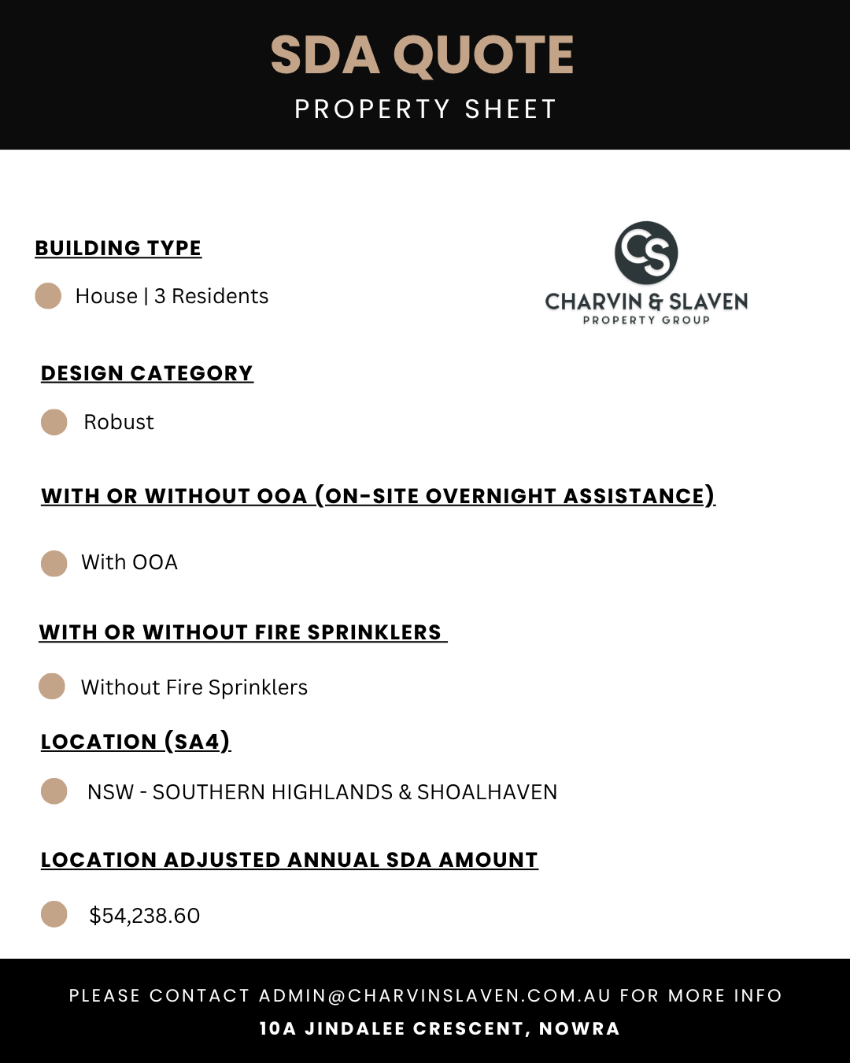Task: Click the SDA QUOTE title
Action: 423,55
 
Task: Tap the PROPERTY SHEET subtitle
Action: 425,109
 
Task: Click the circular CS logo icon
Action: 646,253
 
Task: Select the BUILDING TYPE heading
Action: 118,248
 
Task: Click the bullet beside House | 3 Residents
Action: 49,296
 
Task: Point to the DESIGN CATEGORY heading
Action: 147,373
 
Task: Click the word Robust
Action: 119,422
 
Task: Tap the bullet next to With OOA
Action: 54,563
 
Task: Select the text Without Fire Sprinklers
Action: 194,687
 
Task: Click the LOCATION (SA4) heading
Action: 135,742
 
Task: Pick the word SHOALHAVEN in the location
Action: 487,792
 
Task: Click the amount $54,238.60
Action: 145,916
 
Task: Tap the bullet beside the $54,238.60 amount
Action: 54,914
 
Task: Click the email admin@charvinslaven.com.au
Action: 435,996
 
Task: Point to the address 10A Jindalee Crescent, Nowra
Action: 440,1029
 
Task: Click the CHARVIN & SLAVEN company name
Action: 646,302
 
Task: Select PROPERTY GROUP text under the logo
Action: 646,320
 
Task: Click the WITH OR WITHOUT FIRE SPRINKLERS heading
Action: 241,632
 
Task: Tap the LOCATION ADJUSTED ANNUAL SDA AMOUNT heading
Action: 290,860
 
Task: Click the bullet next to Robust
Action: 54,422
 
